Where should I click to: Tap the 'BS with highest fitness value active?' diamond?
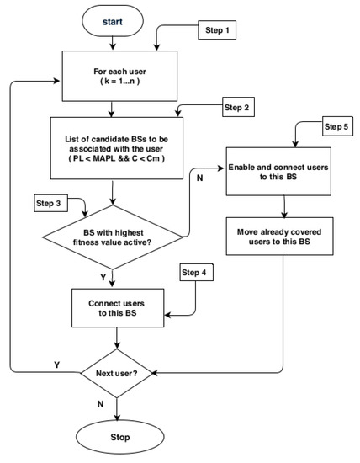114,238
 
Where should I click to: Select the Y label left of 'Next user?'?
56,365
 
